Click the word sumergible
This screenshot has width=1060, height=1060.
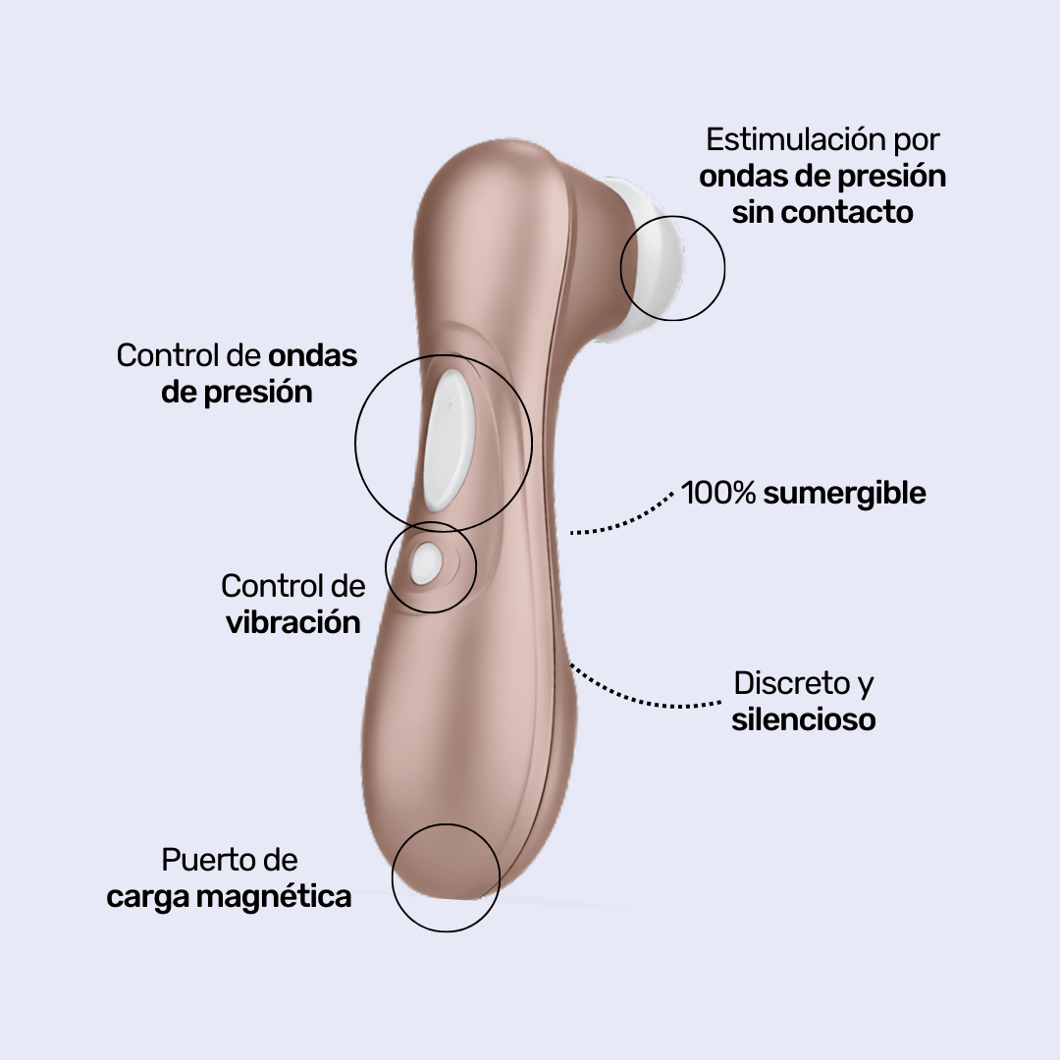(844, 494)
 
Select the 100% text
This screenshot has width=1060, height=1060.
(717, 493)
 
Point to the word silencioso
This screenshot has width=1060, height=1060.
(803, 719)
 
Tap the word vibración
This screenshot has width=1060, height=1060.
(293, 622)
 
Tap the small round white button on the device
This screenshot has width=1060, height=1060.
(427, 563)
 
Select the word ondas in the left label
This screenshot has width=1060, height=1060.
(313, 355)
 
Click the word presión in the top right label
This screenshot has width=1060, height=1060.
(890, 177)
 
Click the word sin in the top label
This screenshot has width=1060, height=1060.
(755, 212)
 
